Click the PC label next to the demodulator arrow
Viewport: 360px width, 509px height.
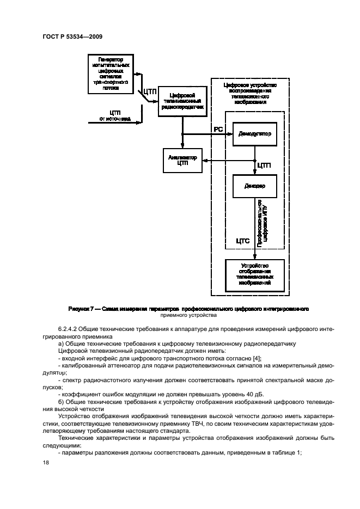click(x=218, y=130)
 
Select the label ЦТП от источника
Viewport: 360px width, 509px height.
click(x=114, y=115)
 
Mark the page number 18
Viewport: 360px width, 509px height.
click(x=45, y=462)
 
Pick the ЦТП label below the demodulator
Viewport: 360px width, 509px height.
click(x=264, y=165)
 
